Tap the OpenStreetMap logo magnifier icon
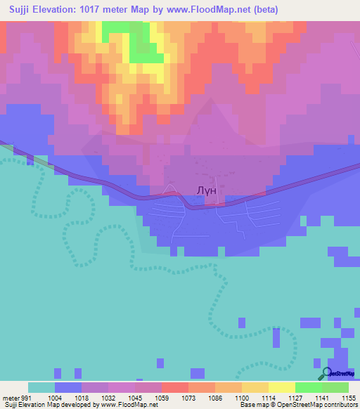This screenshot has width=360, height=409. (x=327, y=373)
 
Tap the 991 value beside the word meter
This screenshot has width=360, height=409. (x=26, y=397)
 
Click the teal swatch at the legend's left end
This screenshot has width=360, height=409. (x=41, y=387)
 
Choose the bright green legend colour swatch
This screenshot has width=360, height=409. (x=309, y=387)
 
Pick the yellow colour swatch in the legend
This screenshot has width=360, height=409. (x=282, y=387)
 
